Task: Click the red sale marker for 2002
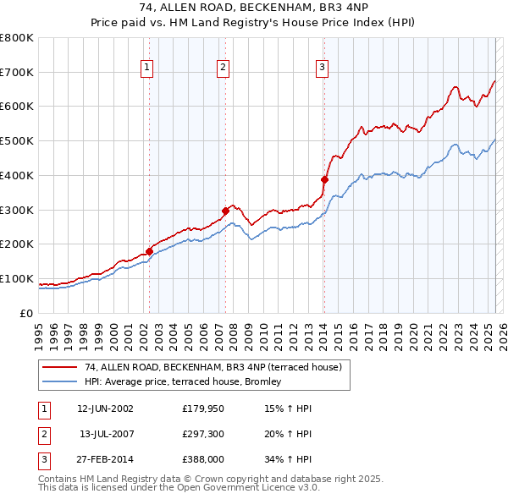[x=150, y=251]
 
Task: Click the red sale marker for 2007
[x=226, y=211]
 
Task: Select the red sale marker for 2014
[x=324, y=179]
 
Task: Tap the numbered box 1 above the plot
[x=147, y=68]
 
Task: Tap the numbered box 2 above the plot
[x=223, y=68]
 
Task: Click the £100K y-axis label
[x=16, y=278]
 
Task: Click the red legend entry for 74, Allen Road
[x=213, y=367]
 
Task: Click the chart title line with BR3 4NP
[x=253, y=8]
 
